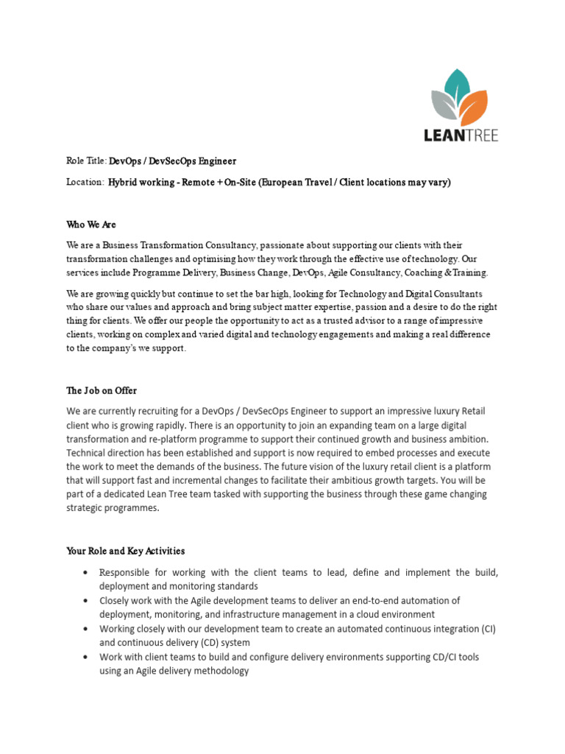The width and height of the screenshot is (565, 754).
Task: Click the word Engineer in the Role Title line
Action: pos(216,161)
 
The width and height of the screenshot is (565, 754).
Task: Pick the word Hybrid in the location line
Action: pos(124,182)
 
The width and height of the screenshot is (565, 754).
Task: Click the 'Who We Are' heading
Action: pos(91,225)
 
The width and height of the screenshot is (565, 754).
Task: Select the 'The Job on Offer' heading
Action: pos(102,391)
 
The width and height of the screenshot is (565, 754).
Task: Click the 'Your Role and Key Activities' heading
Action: pos(125,551)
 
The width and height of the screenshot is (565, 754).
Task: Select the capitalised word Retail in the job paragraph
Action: pos(471,411)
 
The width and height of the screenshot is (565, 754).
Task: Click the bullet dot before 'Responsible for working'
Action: pos(87,573)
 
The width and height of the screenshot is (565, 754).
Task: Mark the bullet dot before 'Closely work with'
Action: pos(87,601)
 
